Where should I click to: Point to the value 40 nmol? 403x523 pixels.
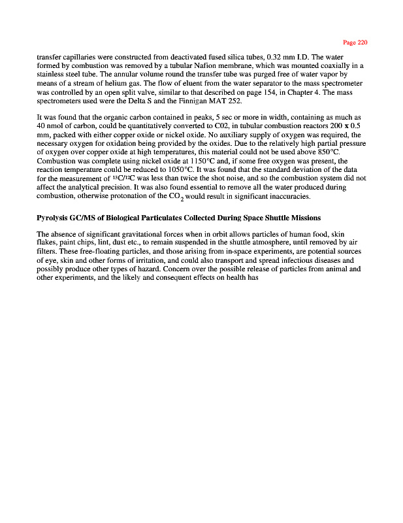[51, 124]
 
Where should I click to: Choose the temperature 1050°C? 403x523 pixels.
[151, 169]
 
